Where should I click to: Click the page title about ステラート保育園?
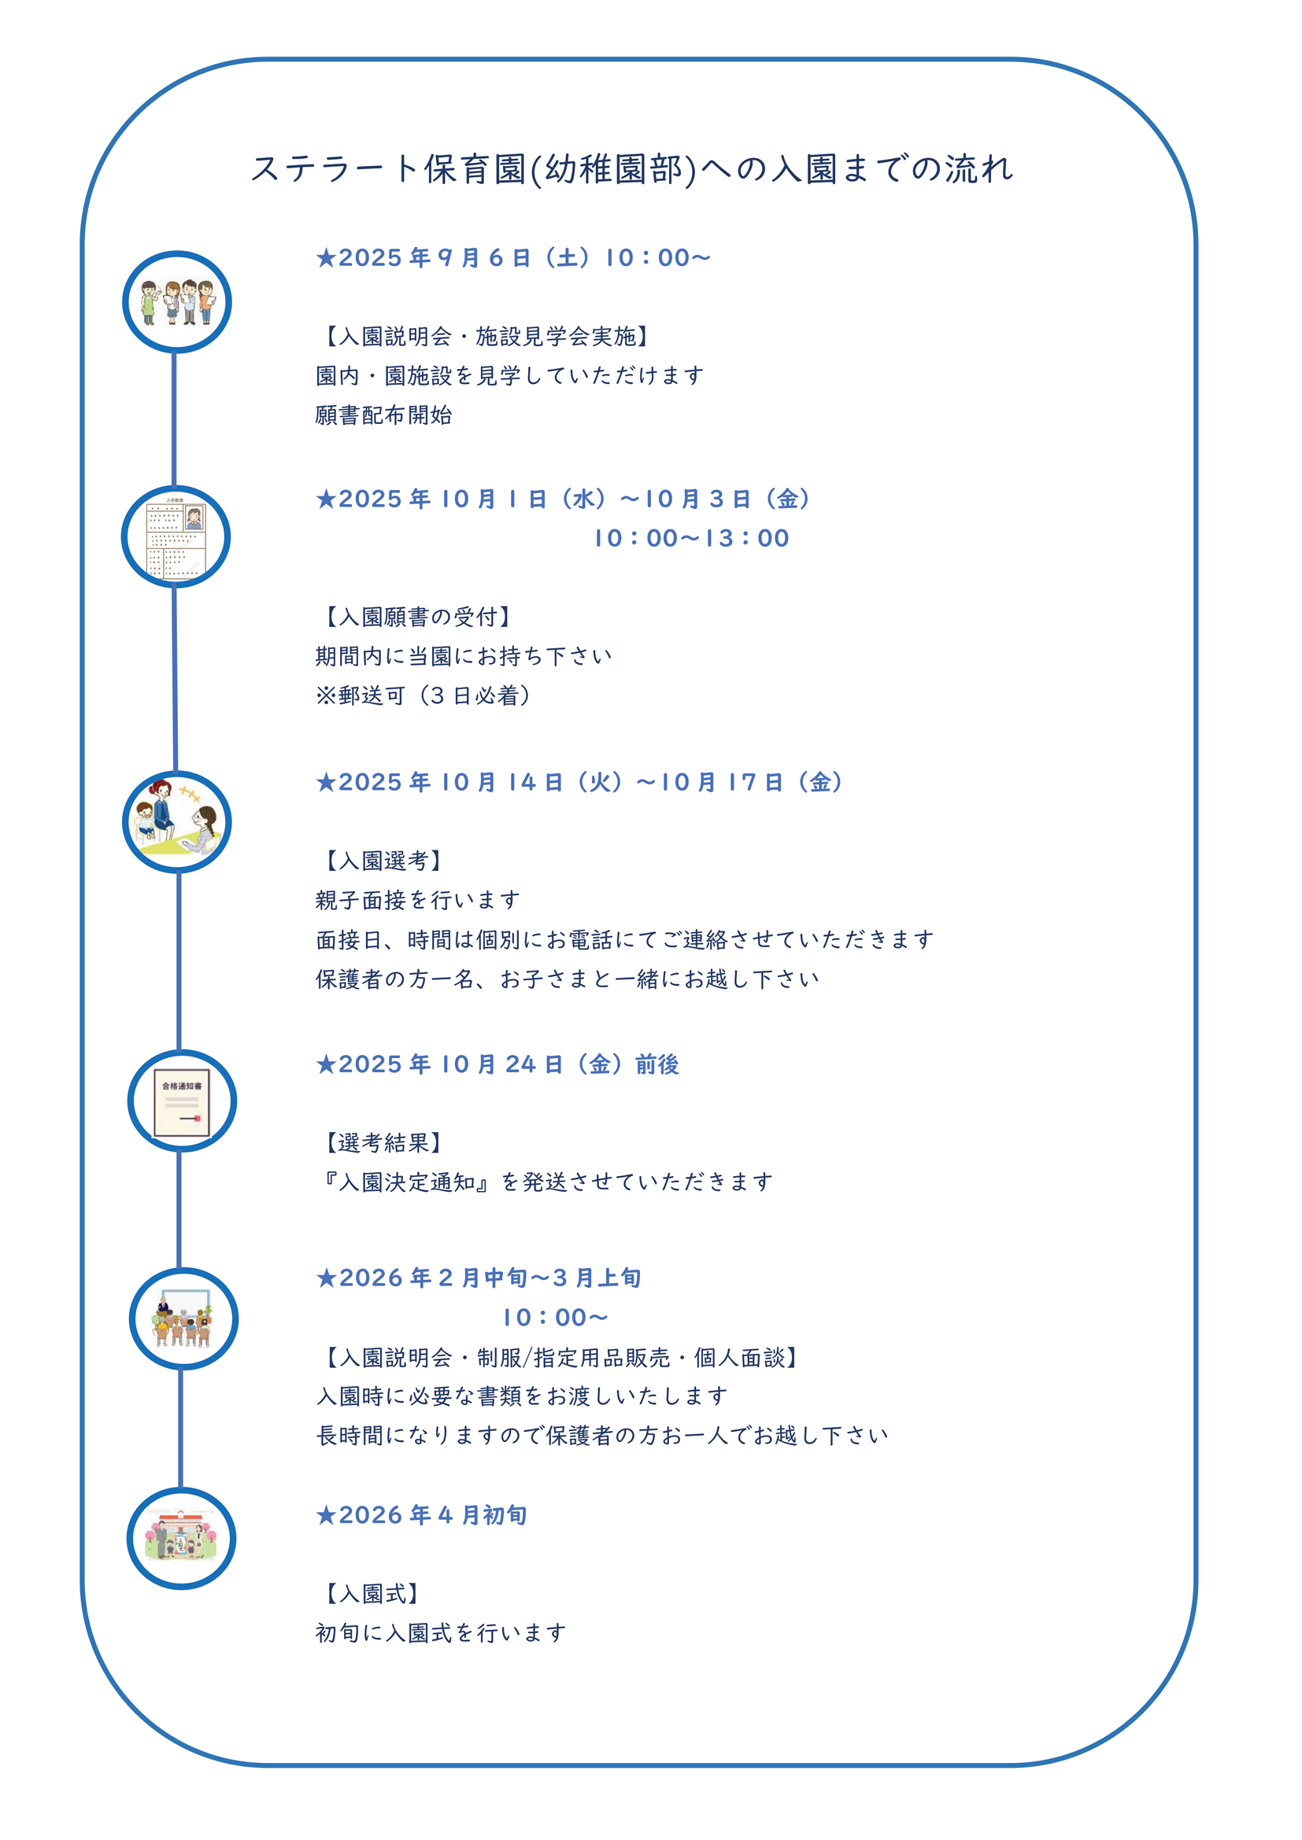pos(633,169)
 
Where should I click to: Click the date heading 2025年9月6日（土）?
pos(513,258)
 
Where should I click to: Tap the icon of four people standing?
pos(177,302)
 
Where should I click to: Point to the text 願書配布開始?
pos(384,415)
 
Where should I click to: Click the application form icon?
pos(176,537)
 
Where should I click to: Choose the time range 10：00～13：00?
pos(692,538)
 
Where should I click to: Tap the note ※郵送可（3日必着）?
pos(424,695)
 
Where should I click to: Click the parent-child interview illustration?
pos(177,821)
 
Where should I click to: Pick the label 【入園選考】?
pos(381,861)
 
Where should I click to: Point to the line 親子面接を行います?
pos(418,900)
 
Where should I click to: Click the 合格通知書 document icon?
pos(182,1102)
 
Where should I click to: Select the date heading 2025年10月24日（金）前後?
pos(497,1064)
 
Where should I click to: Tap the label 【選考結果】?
pos(381,1143)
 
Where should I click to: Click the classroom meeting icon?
pos(183,1318)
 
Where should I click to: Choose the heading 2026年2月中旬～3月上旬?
pos(479,1278)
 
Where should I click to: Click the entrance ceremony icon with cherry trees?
pos(181,1538)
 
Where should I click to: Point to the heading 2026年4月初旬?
pos(422,1515)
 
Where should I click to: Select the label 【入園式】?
pos(370,1593)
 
